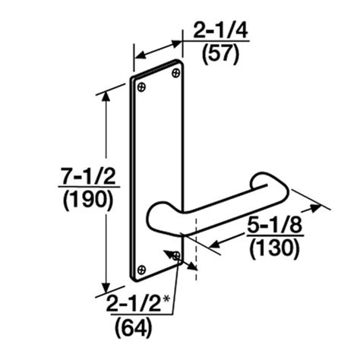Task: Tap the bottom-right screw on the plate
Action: click(176, 257)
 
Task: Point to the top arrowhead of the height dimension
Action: click(106, 103)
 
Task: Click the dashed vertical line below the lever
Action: click(196, 235)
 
